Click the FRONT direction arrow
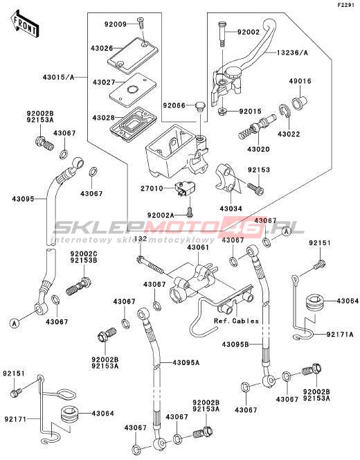[x=25, y=25]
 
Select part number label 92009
[x=116, y=24]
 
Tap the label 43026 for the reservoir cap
[x=102, y=48]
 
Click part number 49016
[x=300, y=81]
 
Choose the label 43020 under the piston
[x=258, y=150]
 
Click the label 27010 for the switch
[x=152, y=188]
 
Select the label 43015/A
[x=59, y=78]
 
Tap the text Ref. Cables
[x=236, y=321]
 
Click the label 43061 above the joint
[x=199, y=247]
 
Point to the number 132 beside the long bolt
[x=141, y=239]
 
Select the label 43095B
[x=235, y=345]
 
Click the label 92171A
[x=340, y=334]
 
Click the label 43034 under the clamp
[x=231, y=209]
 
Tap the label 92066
[x=174, y=105]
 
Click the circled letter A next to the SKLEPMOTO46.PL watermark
[x=286, y=231]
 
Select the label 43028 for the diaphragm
[x=103, y=118]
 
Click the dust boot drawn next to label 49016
[x=300, y=103]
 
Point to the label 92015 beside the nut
[x=251, y=112]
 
